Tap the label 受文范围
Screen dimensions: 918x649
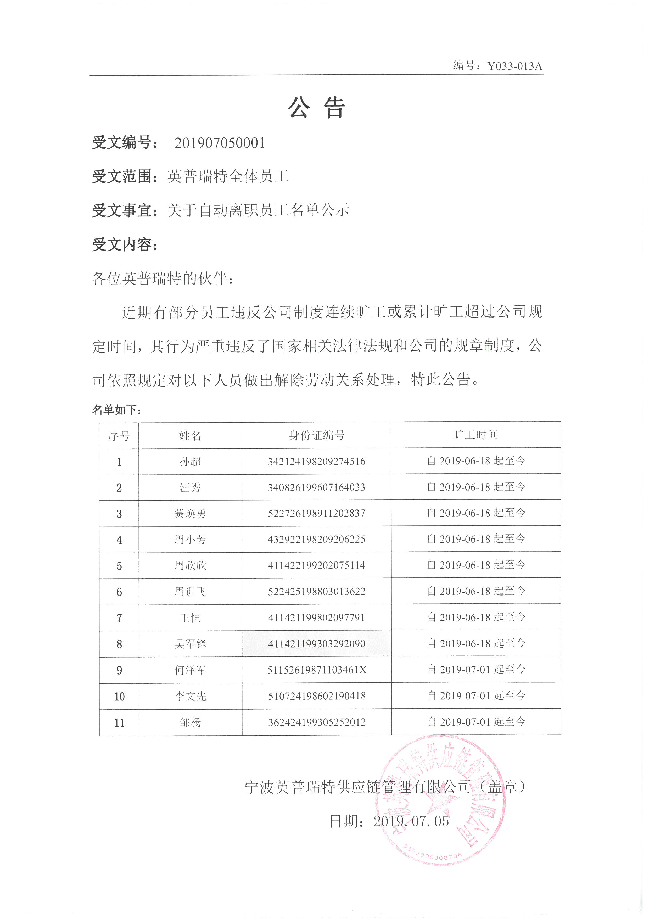(x=125, y=176)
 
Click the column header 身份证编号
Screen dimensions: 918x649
(x=316, y=435)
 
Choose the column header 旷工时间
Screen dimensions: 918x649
(x=475, y=435)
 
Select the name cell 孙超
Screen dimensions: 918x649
(x=190, y=462)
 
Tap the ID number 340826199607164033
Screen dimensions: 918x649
(x=316, y=487)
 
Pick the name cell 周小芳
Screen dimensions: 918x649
(x=190, y=540)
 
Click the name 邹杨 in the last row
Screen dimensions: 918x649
(x=190, y=722)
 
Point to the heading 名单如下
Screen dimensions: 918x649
(x=117, y=410)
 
